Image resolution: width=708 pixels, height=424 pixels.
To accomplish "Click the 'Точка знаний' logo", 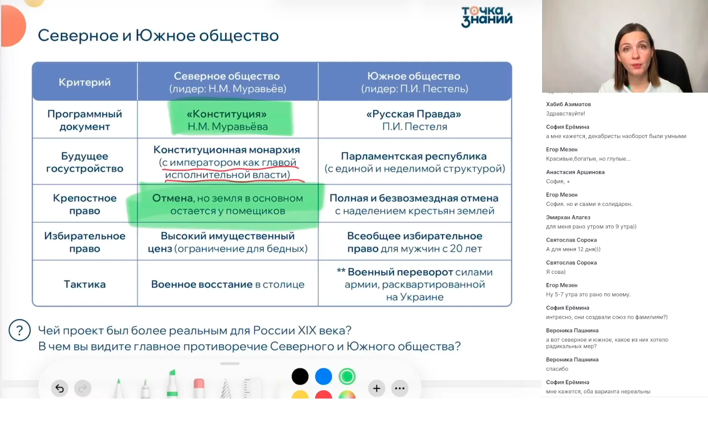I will (x=486, y=17).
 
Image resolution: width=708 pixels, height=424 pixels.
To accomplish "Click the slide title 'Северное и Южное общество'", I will (x=158, y=36).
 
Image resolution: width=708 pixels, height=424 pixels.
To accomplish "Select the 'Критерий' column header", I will (x=85, y=82).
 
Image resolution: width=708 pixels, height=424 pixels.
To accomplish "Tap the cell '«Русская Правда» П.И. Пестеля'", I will (x=414, y=120).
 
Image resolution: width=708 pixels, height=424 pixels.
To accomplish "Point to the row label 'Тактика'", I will (x=85, y=284).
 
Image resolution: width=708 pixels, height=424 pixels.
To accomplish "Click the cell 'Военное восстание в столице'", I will (x=228, y=284).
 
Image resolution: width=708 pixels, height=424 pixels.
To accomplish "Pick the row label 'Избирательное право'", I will (x=85, y=242).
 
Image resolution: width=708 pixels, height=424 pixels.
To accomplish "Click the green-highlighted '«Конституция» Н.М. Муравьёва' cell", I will (x=228, y=120).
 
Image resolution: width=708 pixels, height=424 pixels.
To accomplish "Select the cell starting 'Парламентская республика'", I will (x=414, y=162).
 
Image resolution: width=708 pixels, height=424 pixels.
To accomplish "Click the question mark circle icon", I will (x=20, y=330).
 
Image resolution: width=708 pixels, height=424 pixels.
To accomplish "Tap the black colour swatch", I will (x=300, y=376).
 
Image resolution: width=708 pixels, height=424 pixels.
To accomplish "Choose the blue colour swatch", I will (x=323, y=376).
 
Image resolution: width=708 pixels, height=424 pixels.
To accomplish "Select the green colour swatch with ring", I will (x=347, y=376).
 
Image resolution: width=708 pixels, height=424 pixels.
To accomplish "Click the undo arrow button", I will (x=59, y=388).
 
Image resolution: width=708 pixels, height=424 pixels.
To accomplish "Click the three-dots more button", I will (x=400, y=388).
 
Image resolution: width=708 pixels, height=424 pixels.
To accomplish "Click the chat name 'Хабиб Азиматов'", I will (x=568, y=104).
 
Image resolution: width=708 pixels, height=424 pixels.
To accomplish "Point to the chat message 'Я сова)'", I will (x=556, y=272).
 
